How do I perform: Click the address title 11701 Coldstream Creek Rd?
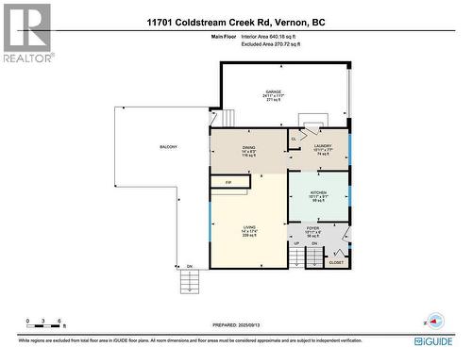pyautogui.click(x=235, y=21)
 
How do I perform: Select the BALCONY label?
pyautogui.click(x=168, y=147)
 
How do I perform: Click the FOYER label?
pyautogui.click(x=312, y=227)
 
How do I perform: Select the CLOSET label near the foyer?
pyautogui.click(x=337, y=264)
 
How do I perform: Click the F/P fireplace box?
pyautogui.click(x=228, y=181)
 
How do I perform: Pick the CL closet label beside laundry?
pyautogui.click(x=294, y=139)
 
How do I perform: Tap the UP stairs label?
pyautogui.click(x=296, y=243)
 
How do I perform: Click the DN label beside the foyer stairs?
pyautogui.click(x=315, y=243)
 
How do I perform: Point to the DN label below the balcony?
pyautogui.click(x=189, y=266)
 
